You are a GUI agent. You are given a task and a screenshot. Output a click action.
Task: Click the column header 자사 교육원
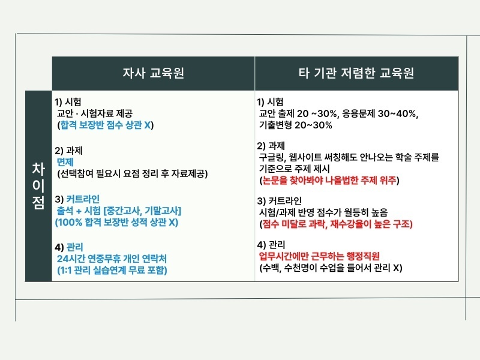point(153,73)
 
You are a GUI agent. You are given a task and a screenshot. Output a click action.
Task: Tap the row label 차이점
point(38,185)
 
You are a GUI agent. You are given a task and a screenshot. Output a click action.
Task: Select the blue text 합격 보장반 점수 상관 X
point(106,125)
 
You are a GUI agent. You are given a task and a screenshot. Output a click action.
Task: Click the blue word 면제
point(65,162)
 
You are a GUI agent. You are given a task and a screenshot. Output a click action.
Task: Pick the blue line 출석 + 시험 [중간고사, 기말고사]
point(118,211)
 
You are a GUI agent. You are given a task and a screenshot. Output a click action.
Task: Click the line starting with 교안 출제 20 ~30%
point(338,113)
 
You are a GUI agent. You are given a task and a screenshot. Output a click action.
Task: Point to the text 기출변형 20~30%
point(295,125)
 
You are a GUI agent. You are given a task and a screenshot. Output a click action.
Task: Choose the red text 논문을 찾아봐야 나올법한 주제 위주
point(329,179)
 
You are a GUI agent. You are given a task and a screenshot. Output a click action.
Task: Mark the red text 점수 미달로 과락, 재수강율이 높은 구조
point(337,223)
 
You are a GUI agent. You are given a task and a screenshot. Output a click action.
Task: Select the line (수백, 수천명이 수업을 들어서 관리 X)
point(329,268)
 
